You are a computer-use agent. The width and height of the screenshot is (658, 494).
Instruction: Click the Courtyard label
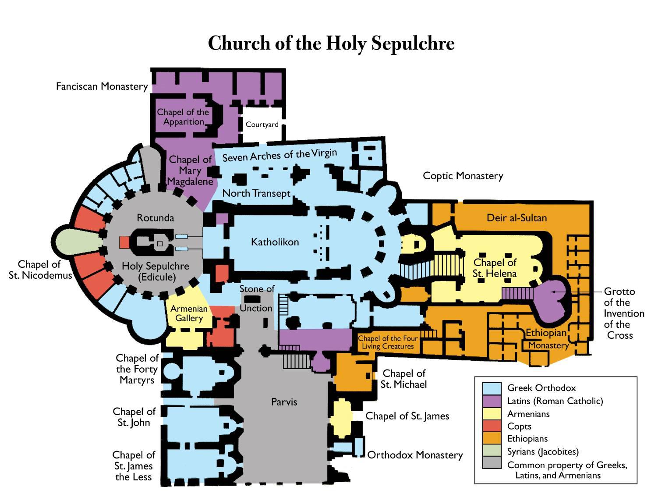pos(262,124)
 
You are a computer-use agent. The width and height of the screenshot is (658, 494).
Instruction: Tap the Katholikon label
pos(275,242)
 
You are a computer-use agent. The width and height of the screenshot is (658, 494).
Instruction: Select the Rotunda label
pos(155,218)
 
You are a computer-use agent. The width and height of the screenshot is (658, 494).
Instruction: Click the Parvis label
pos(284,402)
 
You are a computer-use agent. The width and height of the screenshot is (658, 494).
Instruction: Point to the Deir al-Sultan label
pos(516,218)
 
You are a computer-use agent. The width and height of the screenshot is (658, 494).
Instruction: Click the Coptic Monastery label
pos(463,176)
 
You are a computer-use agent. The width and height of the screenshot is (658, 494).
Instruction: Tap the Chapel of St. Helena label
pos(495,268)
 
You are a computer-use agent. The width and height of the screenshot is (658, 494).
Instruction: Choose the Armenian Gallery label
pos(189,313)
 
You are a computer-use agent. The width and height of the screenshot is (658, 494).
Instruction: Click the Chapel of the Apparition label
pos(183,117)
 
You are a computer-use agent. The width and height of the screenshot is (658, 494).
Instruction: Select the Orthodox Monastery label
pos(414,455)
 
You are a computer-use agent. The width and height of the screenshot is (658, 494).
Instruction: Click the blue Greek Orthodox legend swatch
pos(492,388)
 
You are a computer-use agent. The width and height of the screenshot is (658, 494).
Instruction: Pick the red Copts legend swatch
pos(492,426)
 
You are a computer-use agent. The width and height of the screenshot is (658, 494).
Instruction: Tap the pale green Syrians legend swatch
pos(492,451)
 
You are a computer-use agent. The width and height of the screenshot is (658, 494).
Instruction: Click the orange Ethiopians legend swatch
pos(492,438)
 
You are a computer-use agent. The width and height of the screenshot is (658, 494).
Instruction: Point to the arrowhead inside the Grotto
pos(553,291)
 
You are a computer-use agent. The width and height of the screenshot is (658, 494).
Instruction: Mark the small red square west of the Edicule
pos(124,242)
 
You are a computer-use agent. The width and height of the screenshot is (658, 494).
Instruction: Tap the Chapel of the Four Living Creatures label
pos(388,342)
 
